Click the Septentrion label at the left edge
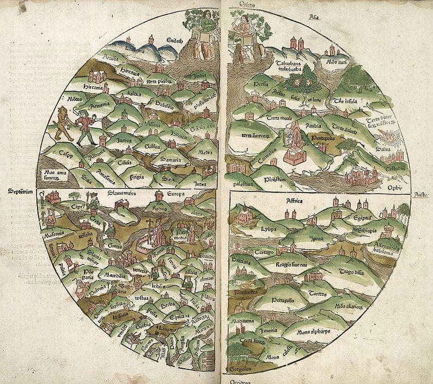pyautogui.click(x=21, y=191)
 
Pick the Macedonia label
pyautogui.click(x=115, y=275)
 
